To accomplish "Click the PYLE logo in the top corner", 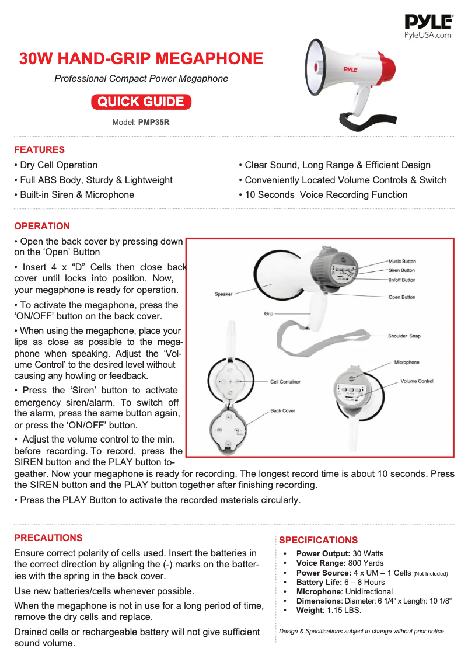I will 428,23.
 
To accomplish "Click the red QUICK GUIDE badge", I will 141,102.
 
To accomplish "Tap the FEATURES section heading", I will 39,149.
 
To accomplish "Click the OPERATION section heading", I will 42,226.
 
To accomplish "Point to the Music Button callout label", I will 402,261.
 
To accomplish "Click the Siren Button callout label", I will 401,270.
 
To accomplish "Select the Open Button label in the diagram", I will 401,297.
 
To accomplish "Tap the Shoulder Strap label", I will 404,336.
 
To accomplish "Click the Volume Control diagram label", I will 417,381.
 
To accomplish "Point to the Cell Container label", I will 285,382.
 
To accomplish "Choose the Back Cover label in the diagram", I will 282,410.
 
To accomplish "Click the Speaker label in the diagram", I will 223,294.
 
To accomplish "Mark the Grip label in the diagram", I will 269,314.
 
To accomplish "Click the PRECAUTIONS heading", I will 48,538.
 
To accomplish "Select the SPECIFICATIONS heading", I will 318,540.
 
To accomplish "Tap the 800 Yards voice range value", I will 366,563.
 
